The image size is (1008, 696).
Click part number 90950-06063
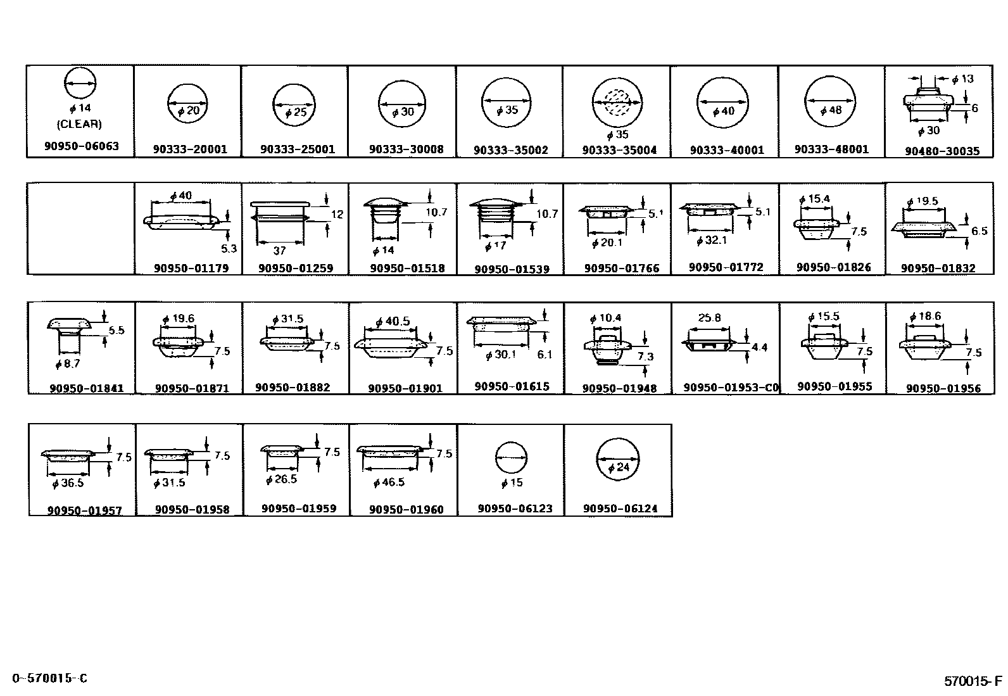[81, 146]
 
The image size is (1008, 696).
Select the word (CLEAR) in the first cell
[79, 124]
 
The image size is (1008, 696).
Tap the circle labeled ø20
[187, 103]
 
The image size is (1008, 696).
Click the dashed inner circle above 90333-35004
[617, 103]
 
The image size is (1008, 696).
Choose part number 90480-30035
[942, 151]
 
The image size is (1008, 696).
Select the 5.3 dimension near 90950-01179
[229, 248]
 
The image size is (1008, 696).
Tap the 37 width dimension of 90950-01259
[279, 250]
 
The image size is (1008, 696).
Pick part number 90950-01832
[938, 269]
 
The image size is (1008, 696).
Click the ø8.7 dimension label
[68, 364]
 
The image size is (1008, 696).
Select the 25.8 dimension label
[709, 318]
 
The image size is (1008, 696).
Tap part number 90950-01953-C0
[731, 388]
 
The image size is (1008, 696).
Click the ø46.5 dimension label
[389, 483]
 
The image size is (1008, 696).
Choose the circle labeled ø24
[617, 459]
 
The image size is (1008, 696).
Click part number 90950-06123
[515, 509]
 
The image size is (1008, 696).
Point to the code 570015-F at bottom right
[973, 681]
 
